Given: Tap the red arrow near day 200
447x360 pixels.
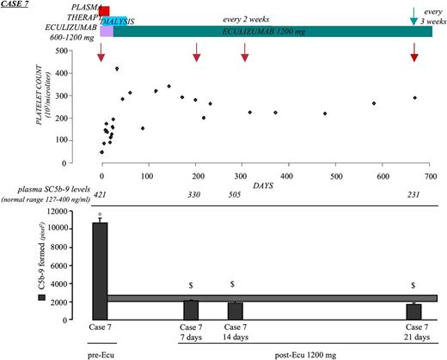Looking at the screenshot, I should (x=197, y=56).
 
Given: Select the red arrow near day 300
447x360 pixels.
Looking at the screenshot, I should (x=245, y=56).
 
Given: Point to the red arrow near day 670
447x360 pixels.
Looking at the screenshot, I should (x=414, y=56).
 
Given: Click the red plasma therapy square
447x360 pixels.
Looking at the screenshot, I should (x=104, y=10).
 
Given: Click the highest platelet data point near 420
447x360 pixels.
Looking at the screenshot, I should (x=116, y=69).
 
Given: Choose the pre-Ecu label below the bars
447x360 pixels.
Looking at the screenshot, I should (x=101, y=353).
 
